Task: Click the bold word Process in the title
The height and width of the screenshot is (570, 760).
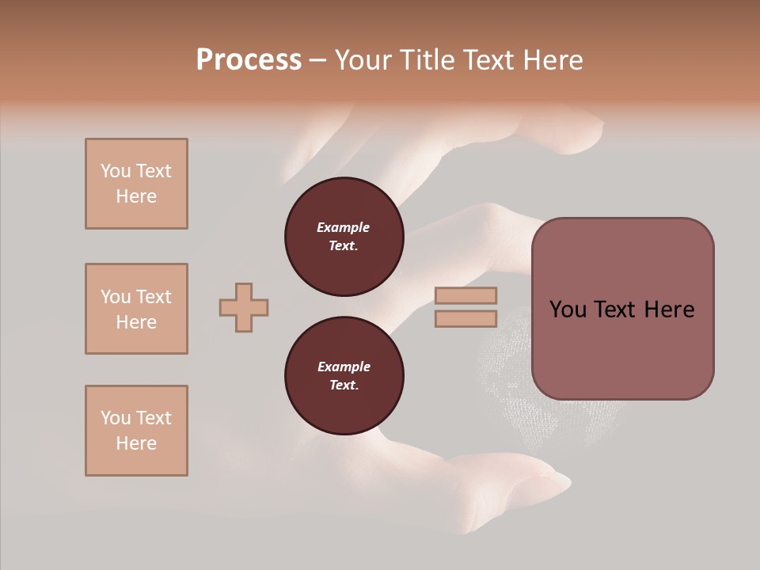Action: coord(249,60)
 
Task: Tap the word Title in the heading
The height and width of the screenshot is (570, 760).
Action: coord(425,60)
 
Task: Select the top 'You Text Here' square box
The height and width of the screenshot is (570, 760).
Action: coord(136,184)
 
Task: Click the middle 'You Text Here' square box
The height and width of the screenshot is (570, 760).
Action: coord(136,309)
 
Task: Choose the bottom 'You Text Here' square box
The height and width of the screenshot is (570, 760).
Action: coord(136,431)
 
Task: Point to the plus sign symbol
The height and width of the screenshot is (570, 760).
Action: coord(244,307)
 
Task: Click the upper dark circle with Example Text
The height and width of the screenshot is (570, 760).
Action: coord(344,237)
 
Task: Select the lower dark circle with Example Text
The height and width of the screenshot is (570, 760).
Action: coord(344,375)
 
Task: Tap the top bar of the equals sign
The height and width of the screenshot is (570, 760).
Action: coord(465,295)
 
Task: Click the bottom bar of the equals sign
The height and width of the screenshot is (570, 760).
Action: coord(465,319)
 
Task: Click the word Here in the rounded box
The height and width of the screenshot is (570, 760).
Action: coord(669,310)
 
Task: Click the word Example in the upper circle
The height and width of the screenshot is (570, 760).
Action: coord(344,227)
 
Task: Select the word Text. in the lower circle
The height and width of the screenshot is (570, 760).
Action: coord(344,386)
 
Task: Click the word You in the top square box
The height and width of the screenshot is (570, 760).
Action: coord(116,171)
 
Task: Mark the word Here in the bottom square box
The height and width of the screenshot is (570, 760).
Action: coord(136,443)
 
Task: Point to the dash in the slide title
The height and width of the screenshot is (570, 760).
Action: coord(318,61)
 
